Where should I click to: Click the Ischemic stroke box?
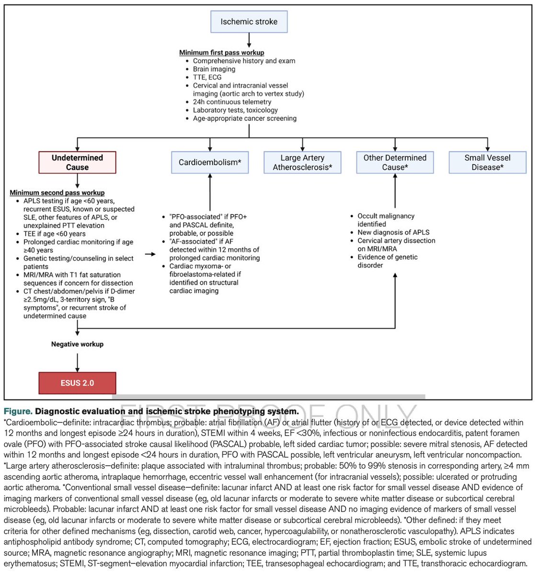click(249, 22)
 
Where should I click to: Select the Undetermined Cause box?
click(77, 162)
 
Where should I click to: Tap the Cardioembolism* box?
click(210, 162)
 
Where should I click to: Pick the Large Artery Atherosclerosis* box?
click(302, 162)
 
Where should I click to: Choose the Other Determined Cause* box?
click(395, 162)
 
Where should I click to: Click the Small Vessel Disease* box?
click(487, 162)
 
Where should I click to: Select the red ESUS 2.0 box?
click(77, 383)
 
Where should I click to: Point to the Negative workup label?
click(77, 344)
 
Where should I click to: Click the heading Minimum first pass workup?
click(221, 53)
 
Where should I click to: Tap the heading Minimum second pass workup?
click(57, 193)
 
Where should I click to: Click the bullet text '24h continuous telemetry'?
click(232, 102)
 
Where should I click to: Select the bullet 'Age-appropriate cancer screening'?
click(244, 118)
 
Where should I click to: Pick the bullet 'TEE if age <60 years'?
click(54, 234)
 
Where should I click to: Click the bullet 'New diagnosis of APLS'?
click(393, 232)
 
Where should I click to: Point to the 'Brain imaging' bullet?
click(214, 69)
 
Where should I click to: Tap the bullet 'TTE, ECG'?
click(207, 77)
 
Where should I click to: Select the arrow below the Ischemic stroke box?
click(249, 39)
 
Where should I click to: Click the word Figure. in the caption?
click(18, 412)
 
